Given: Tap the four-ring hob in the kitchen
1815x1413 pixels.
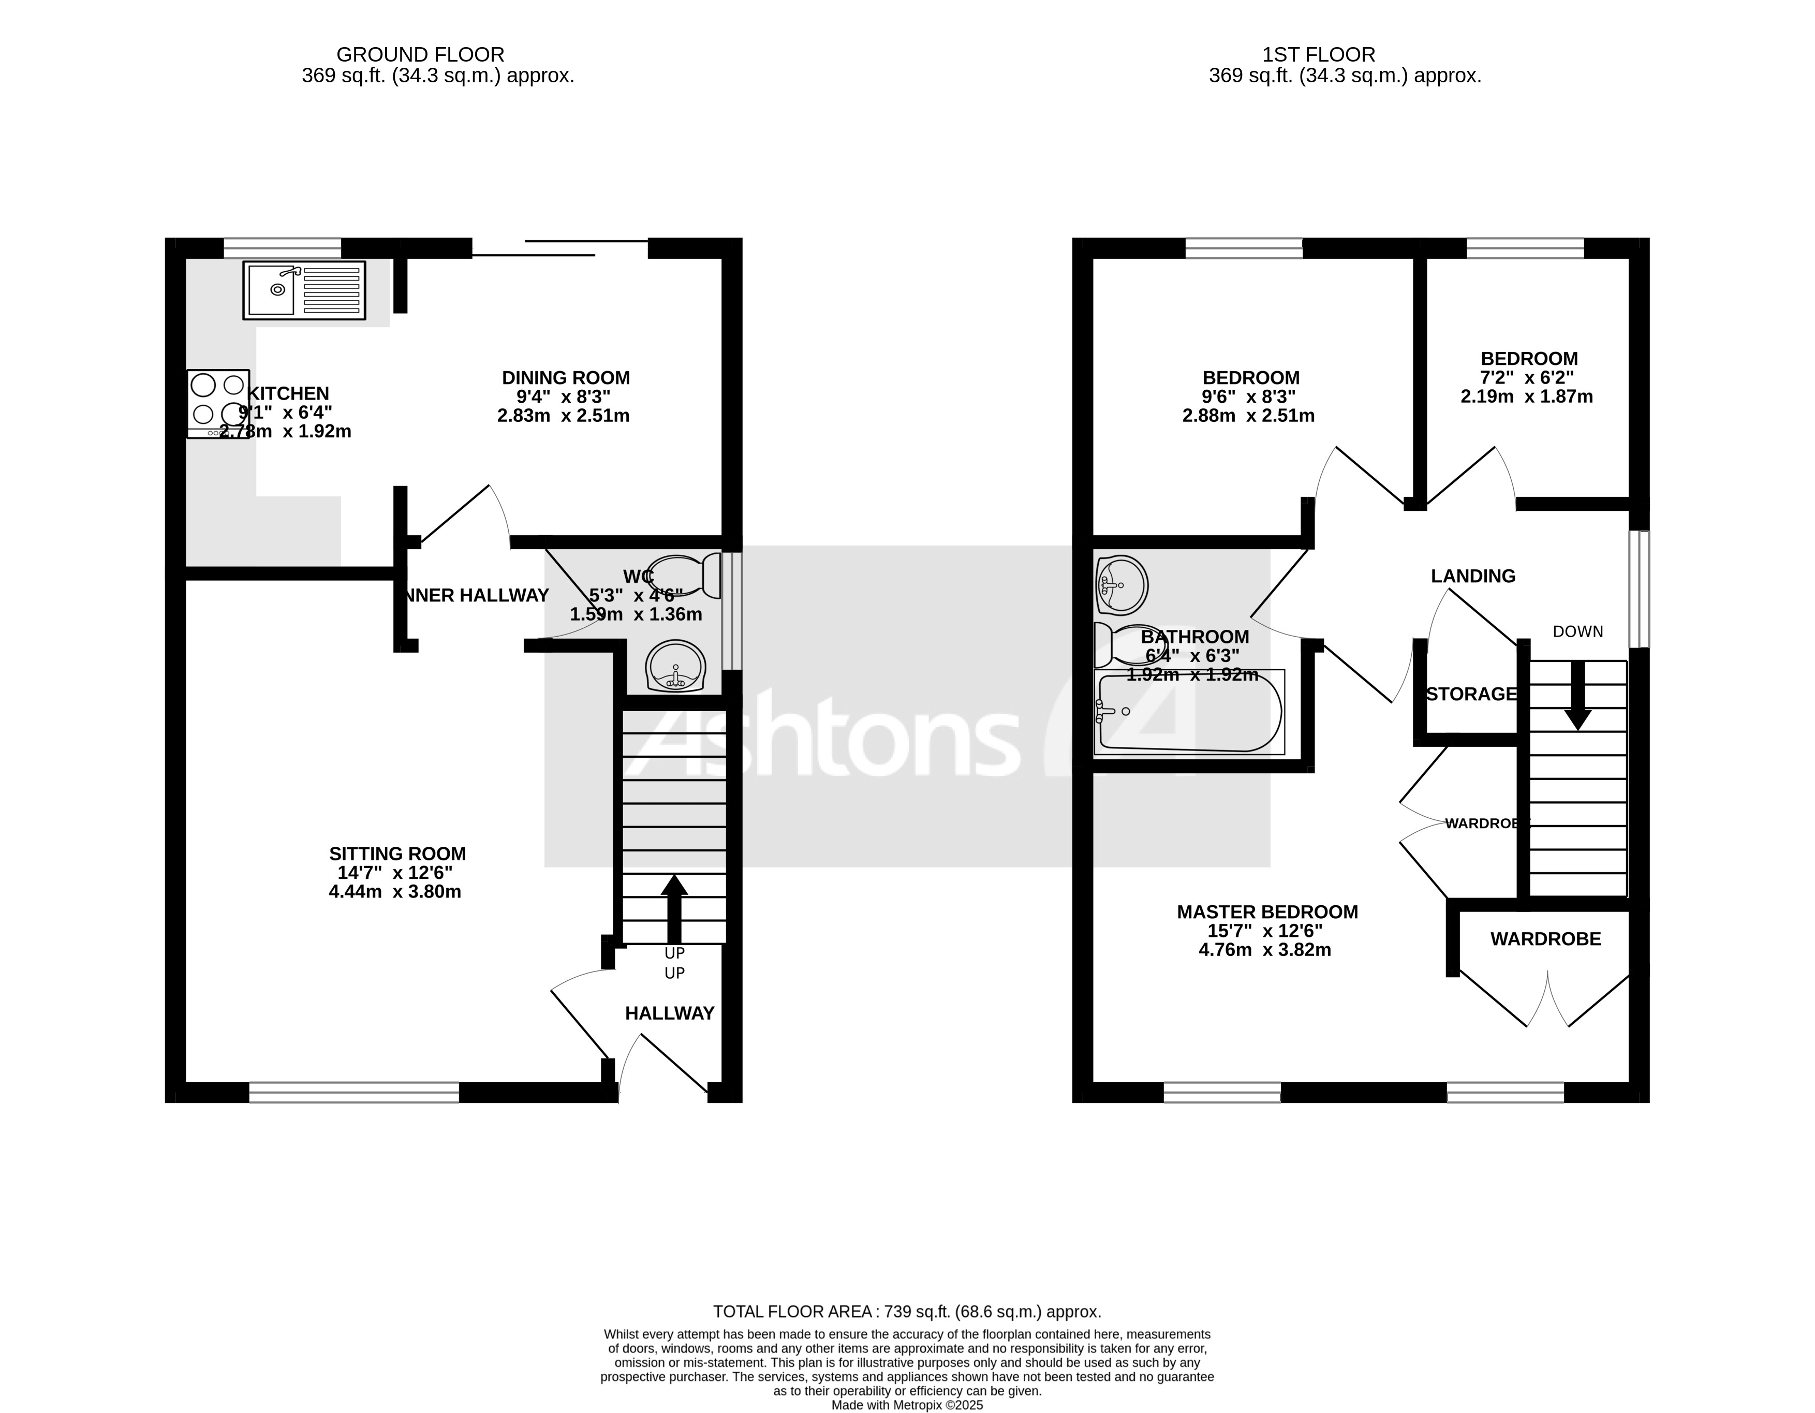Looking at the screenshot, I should point(218,403).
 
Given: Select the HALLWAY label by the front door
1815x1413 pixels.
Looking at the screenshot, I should point(669,1013).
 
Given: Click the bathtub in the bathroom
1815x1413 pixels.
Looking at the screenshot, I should point(1188,713).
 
